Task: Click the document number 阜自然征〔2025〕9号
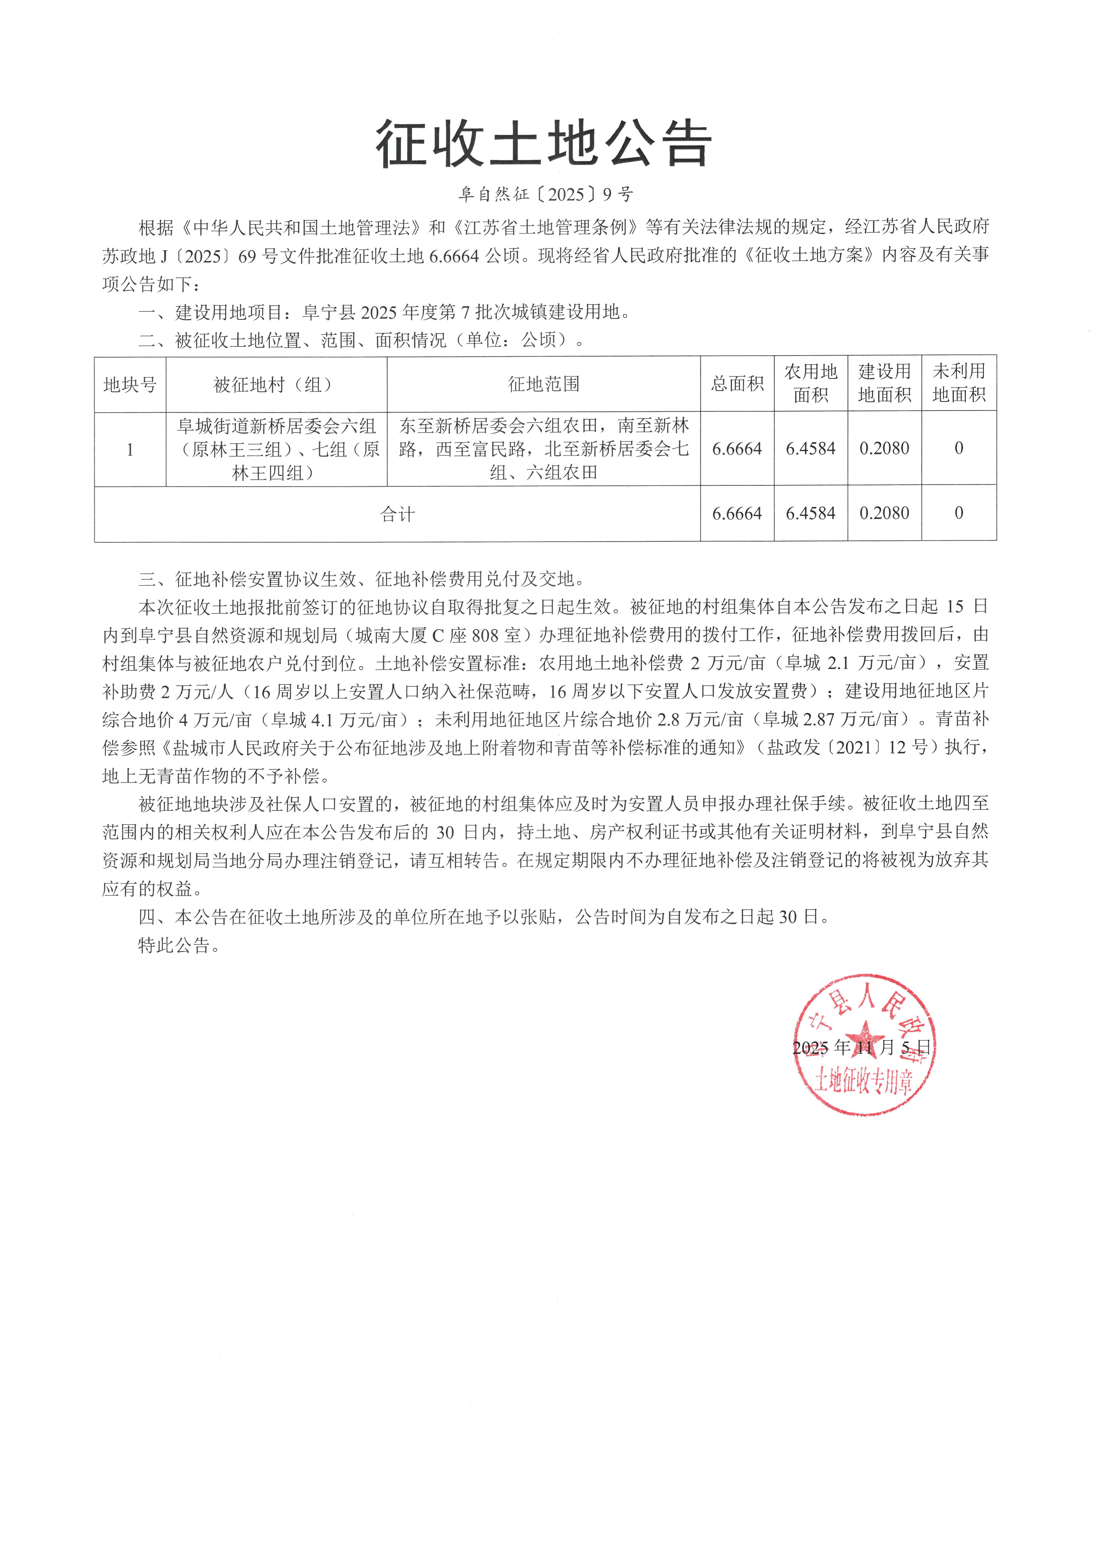pyautogui.click(x=546, y=195)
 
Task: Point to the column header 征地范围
pyautogui.click(x=543, y=384)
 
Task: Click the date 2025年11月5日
pyautogui.click(x=862, y=1047)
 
